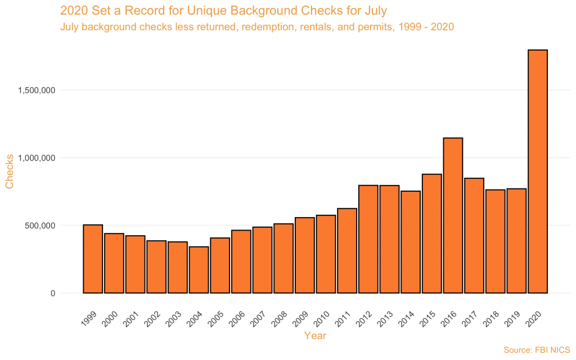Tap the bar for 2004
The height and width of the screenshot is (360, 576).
(x=199, y=270)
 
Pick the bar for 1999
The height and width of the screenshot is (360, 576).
(x=93, y=259)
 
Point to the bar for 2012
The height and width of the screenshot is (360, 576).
(x=368, y=239)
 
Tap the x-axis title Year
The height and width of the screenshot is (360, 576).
(x=315, y=336)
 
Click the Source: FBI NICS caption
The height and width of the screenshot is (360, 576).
(x=537, y=350)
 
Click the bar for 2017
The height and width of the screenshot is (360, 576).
(x=474, y=236)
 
